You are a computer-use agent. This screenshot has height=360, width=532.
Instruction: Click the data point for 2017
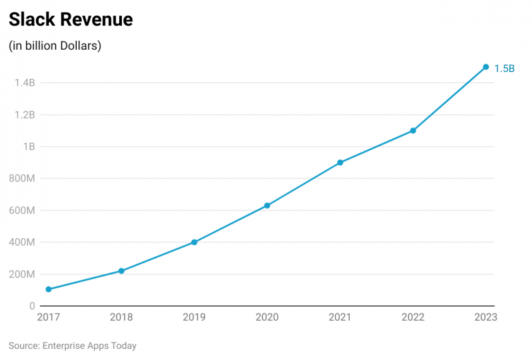coord(48,289)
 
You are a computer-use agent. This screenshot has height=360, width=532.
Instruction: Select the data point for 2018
coord(121,271)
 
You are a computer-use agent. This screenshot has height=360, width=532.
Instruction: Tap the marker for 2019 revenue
coord(194,242)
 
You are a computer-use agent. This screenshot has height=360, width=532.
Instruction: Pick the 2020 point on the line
coord(267,206)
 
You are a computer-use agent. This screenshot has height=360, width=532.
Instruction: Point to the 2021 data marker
coord(340,163)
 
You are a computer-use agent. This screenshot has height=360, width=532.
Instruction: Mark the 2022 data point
coord(413,131)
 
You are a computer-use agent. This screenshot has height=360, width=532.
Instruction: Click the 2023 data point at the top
coord(486,67)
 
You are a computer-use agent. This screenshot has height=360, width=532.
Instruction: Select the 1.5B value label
coord(504,69)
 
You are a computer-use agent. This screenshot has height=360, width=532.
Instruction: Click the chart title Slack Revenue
coord(71,20)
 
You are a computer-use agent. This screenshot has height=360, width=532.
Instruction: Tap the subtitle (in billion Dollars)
coord(55,46)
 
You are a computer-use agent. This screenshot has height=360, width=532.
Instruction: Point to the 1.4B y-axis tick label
coord(24,83)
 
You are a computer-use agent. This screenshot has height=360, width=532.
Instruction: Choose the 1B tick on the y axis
coord(28,147)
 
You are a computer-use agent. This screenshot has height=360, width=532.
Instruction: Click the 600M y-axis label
coord(21,210)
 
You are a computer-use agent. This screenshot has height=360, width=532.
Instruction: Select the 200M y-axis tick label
coord(21,274)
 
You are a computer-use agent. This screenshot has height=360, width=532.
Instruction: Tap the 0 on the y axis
coord(32,306)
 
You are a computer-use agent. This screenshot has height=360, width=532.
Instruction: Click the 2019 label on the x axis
coord(194,317)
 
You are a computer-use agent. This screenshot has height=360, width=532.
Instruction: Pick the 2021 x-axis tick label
coord(340,317)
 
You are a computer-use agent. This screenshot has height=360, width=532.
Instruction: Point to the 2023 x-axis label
coord(485,317)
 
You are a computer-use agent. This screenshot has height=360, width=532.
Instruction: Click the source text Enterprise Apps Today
coord(73,345)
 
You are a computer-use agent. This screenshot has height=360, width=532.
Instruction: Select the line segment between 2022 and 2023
coord(450,99)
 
